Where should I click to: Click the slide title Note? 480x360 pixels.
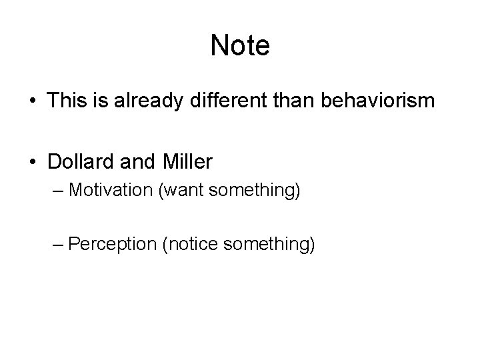click(x=240, y=46)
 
